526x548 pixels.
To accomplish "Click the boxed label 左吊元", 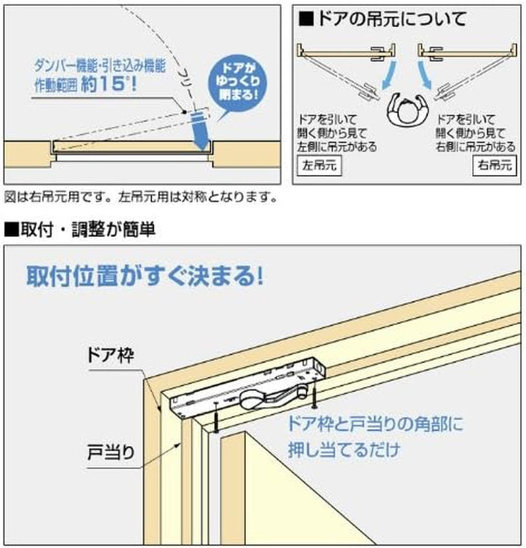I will pos(320,164).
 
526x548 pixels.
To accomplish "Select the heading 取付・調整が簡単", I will pos(79,230).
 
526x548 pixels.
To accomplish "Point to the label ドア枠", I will pos(109,356).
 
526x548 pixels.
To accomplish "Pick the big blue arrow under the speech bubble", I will pos(199,130).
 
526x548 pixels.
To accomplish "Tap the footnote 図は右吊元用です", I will pos(58,196).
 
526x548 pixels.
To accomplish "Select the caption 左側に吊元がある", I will pos(338,146).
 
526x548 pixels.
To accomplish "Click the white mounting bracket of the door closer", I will pos(191,405).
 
